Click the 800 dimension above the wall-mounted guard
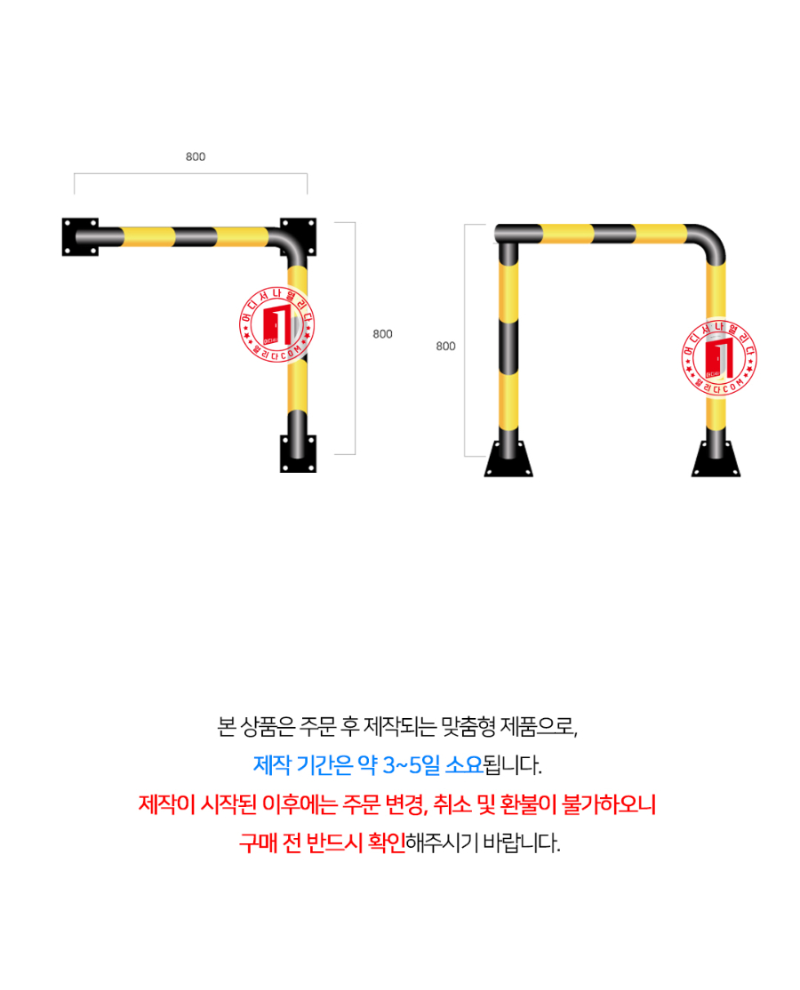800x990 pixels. (196, 157)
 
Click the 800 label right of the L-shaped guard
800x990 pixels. (382, 334)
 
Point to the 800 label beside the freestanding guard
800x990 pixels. (445, 346)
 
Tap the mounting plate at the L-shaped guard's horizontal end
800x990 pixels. (80, 237)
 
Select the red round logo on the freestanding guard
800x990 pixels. (718, 356)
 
